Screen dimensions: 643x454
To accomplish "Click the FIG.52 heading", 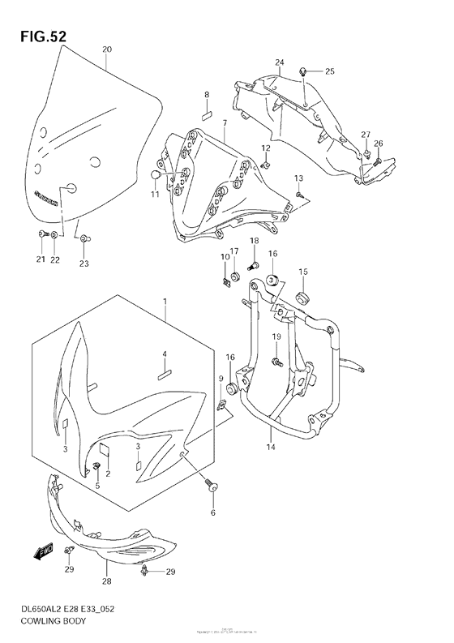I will coord(39,36).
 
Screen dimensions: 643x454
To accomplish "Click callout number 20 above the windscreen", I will coord(107,49).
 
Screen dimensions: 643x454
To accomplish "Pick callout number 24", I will coord(279,62).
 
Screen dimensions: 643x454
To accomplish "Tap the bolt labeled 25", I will coord(302,72).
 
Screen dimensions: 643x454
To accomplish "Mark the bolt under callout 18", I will coord(252,264).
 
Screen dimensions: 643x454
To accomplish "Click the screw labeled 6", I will coord(214,487).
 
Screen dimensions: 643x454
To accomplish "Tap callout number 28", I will coord(107,581).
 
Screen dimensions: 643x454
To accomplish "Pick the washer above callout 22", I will coord(54,235).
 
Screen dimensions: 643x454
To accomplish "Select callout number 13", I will coord(298,178).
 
